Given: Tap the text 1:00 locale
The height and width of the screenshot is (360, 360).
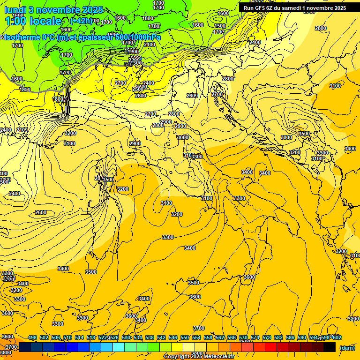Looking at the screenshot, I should click(33, 21).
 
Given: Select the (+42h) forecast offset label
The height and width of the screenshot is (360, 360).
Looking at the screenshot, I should click(81, 21).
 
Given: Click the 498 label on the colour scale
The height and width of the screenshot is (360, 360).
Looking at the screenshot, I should click(32, 337).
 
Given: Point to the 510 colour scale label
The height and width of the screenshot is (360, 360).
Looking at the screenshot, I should click(67, 337).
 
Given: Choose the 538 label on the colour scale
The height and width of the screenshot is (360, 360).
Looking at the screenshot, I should click(150, 337).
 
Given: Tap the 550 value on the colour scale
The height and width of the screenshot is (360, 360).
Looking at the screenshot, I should click(185, 337).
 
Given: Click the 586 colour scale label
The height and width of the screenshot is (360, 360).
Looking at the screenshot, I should click(290, 337).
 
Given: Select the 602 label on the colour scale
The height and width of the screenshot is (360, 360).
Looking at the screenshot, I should click(337, 337).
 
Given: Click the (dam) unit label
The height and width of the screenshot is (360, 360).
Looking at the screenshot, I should click(347, 348).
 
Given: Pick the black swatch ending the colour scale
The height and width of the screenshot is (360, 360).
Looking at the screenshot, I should click(330, 347).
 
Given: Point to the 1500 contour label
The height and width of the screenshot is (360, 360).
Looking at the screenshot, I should click(220, 26).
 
